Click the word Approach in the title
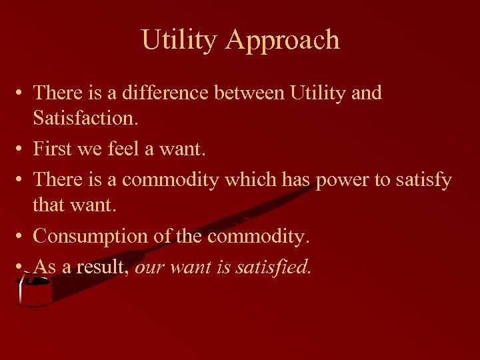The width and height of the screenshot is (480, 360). click(283, 41)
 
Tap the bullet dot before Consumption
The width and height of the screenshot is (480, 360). click(21, 237)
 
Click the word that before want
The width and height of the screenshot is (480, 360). click(48, 205)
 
